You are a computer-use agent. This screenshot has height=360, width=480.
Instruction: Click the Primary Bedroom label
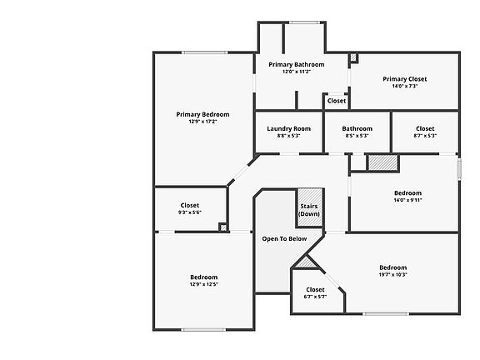[202, 114]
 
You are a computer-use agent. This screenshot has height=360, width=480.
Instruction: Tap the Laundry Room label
[288, 129]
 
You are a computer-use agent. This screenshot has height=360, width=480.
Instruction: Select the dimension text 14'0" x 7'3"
[405, 87]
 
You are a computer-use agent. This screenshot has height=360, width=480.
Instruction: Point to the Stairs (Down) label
[309, 210]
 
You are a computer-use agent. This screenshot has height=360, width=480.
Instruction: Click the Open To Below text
[284, 239]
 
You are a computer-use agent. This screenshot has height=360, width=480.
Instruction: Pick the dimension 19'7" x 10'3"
[393, 275]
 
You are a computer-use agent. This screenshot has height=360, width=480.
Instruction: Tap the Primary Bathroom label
[297, 65]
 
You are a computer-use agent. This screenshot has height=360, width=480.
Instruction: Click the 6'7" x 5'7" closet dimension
[315, 297]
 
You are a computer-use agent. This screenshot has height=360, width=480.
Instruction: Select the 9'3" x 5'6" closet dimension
[190, 212]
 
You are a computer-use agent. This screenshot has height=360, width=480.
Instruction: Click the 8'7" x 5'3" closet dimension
[425, 136]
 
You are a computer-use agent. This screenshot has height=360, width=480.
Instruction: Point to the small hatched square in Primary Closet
[354, 57]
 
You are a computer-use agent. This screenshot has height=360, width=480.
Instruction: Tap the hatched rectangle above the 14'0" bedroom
[382, 162]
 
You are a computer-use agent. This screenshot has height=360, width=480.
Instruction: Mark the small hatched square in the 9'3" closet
[223, 227]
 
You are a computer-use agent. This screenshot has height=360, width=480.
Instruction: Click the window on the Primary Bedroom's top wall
[205, 52]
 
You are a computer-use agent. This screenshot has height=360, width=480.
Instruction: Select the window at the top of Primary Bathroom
[304, 22]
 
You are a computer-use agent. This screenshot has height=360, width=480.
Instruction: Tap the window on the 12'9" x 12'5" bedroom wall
[203, 330]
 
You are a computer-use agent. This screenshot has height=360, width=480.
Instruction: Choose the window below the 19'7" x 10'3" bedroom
[386, 314]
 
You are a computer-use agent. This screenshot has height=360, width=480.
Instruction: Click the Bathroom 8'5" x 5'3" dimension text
[357, 136]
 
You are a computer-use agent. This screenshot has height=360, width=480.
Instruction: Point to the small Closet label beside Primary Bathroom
[337, 101]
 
